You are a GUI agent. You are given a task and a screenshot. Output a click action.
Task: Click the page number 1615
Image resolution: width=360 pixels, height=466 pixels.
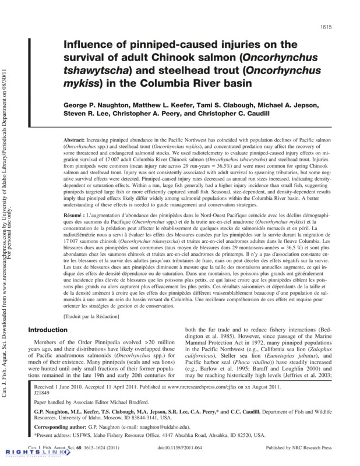click(x=325, y=28)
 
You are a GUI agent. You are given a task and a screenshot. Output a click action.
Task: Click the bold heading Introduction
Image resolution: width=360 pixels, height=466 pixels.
click(x=51, y=330)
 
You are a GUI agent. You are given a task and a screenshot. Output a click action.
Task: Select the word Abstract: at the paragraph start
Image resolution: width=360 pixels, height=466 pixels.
click(x=75, y=142)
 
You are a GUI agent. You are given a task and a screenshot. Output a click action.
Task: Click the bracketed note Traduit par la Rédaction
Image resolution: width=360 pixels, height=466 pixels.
click(x=91, y=316)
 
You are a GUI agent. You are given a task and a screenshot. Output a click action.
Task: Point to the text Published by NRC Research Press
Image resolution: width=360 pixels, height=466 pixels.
click(x=298, y=448)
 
